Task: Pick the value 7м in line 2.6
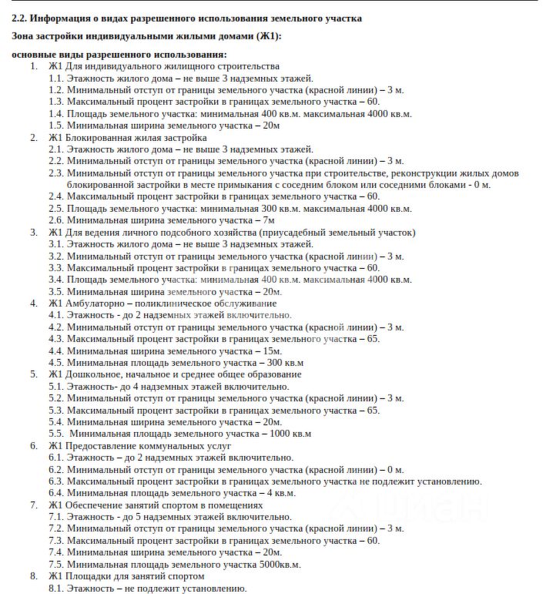point(269,220)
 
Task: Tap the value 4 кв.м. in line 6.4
point(281,493)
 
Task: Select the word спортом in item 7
point(176,505)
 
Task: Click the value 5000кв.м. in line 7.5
point(277,565)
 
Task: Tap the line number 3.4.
point(56,280)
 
